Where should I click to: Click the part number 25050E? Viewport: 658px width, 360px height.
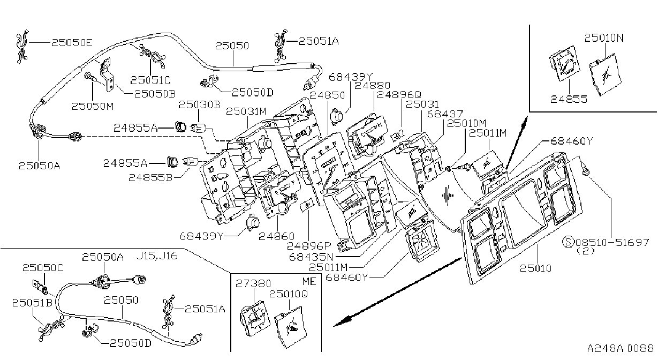pos(72,43)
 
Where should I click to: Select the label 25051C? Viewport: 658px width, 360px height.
pos(150,80)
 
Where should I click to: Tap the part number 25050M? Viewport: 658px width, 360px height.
pos(93,106)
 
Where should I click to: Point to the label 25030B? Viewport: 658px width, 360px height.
pos(199,104)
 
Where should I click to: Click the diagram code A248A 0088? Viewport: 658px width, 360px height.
pos(621,349)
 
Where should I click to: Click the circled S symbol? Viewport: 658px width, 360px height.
pos(568,242)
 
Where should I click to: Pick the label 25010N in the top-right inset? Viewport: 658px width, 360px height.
pos(604,38)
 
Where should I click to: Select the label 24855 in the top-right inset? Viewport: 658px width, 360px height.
pos(569,99)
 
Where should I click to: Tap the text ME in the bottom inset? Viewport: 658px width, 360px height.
pos(309,281)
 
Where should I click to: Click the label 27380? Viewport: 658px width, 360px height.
pos(253,283)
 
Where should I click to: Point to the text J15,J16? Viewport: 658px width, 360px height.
pos(157,256)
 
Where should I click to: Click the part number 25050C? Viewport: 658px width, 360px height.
pos(43,268)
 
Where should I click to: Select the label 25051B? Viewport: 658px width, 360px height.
pos(32,303)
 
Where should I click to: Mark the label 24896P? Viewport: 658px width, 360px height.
pos(309,246)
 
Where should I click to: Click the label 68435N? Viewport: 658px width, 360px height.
pos(312,257)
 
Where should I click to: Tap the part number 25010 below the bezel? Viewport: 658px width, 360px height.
pos(535,268)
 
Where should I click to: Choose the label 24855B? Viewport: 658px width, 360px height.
pos(150,177)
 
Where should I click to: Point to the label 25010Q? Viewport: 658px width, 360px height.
pos(289,294)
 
